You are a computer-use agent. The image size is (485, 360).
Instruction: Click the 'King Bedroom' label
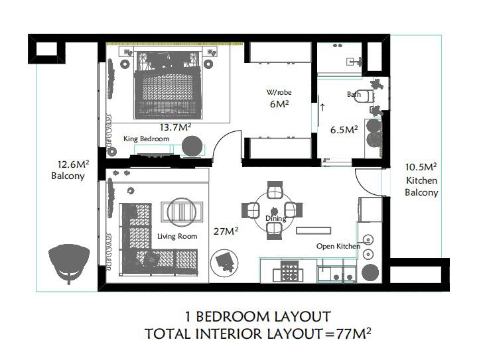click(x=147, y=139)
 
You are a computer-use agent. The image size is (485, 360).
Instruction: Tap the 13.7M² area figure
click(x=175, y=127)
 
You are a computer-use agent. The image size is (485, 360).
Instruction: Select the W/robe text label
click(x=279, y=92)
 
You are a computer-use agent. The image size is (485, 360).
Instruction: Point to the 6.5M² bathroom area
click(x=344, y=129)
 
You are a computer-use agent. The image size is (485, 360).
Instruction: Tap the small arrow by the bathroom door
click(x=322, y=107)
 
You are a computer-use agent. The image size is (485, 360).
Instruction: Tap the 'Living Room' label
click(x=177, y=237)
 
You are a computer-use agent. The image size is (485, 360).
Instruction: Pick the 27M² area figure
click(x=226, y=231)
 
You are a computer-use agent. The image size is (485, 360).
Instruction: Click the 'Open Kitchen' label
click(x=338, y=246)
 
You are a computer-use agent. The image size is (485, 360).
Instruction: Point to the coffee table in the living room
click(x=182, y=211)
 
